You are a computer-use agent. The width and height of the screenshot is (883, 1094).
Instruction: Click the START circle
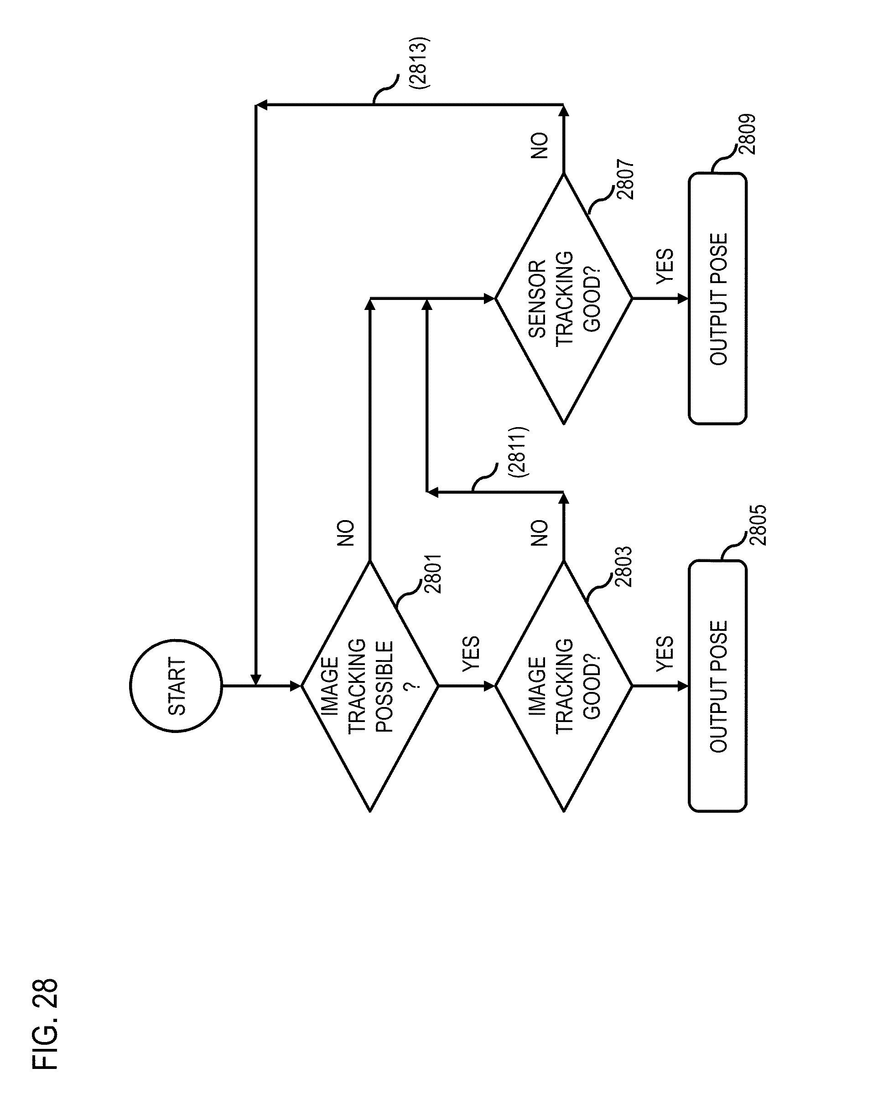tap(176, 686)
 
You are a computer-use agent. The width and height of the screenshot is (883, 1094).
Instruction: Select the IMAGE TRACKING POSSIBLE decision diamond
tap(370, 686)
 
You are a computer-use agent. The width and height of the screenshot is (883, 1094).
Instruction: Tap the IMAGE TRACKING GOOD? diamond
tap(564, 686)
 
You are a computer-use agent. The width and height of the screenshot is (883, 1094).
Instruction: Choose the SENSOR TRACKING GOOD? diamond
tap(564, 299)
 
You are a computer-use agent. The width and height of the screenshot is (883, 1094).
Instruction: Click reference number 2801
tap(432, 574)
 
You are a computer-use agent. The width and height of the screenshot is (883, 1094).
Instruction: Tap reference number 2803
tap(623, 566)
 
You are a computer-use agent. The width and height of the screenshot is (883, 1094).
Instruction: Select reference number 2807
tap(626, 179)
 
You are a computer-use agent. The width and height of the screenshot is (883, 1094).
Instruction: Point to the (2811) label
tap(519, 451)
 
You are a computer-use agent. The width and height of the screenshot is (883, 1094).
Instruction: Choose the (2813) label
tap(420, 63)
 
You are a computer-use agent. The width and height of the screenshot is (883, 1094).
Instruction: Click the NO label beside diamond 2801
tap(346, 533)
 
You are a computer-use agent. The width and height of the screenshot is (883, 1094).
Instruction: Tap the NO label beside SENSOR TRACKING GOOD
tap(540, 145)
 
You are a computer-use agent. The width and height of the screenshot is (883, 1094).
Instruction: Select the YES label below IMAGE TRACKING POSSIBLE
tap(471, 654)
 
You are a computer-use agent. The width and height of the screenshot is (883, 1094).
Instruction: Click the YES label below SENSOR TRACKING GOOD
tap(665, 266)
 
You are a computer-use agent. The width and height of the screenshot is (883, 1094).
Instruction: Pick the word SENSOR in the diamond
tap(537, 299)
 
